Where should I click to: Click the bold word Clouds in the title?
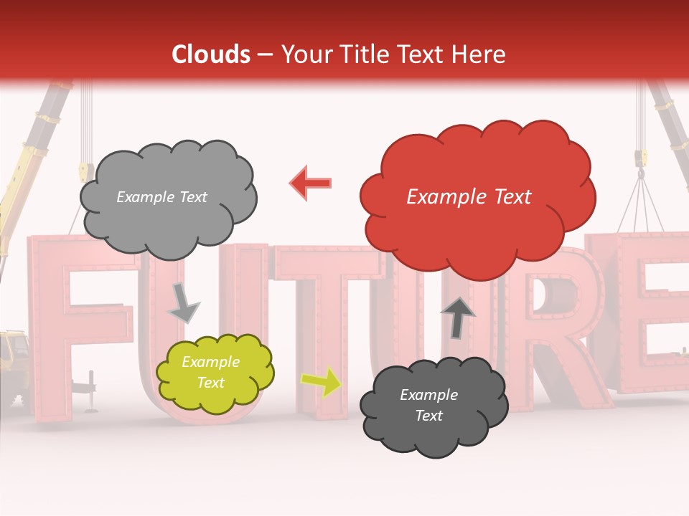click(x=211, y=54)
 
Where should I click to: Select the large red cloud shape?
click(x=477, y=197)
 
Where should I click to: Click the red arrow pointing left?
click(x=311, y=183)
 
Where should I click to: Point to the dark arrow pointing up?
click(x=457, y=316)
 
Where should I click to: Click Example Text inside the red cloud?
click(x=469, y=197)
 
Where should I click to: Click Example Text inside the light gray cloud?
click(x=161, y=197)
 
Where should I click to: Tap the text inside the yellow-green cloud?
click(x=210, y=373)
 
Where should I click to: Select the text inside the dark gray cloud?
click(x=428, y=405)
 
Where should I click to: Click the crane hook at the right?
click(x=640, y=161)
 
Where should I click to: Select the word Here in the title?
click(x=481, y=54)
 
